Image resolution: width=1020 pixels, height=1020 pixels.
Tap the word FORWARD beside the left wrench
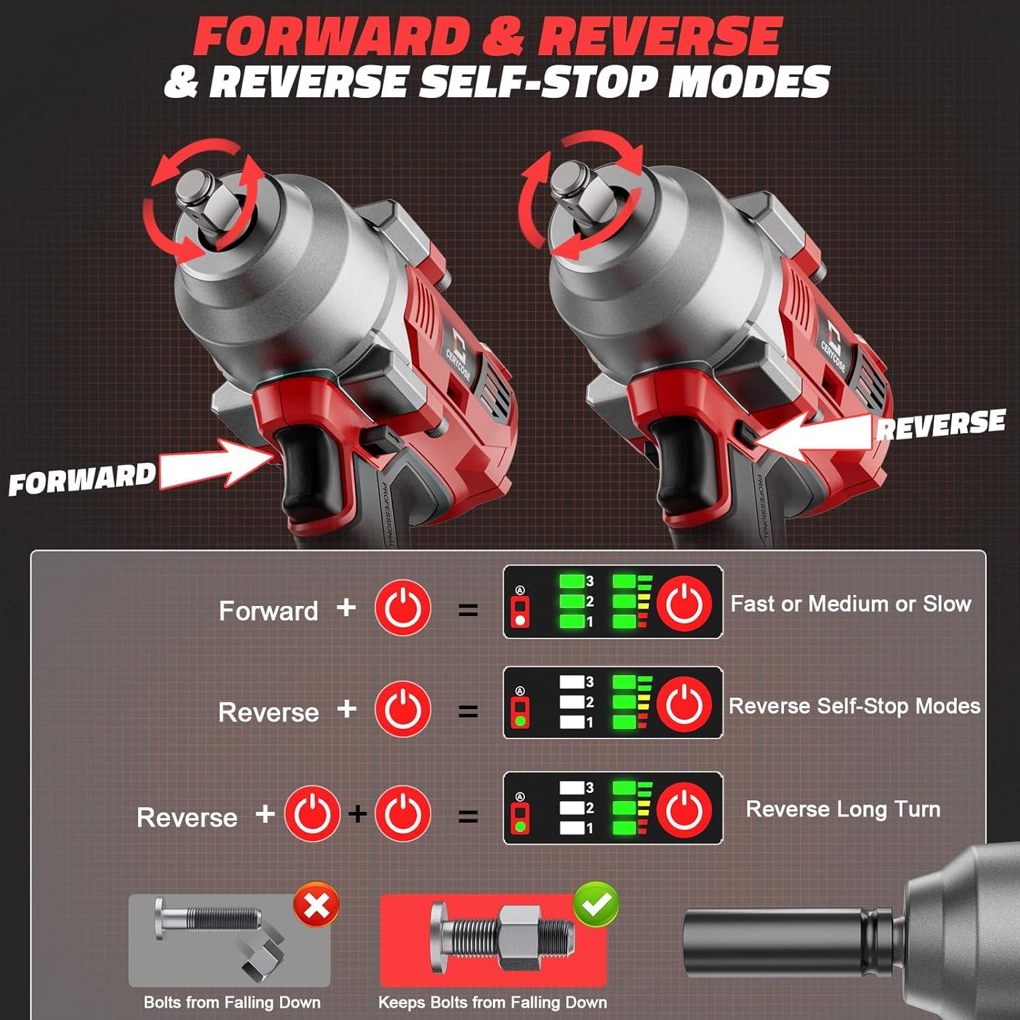coord(82,479)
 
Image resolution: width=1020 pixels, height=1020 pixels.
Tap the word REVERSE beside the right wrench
coord(940,424)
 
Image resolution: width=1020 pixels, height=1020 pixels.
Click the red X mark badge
coord(316,905)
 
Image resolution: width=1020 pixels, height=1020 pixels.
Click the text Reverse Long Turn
coord(843,809)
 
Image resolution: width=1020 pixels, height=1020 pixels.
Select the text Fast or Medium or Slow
coord(850,604)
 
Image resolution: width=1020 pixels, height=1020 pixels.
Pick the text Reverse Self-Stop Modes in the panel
coord(854,706)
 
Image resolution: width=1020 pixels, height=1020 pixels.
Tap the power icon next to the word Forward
coord(403,607)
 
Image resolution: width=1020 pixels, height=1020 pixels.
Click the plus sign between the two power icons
coord(357,813)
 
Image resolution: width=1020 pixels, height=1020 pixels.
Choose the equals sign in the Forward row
coord(468,610)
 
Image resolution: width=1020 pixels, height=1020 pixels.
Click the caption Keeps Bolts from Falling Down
coord(492,1002)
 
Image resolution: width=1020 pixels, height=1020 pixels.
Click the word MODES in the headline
coord(749,83)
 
